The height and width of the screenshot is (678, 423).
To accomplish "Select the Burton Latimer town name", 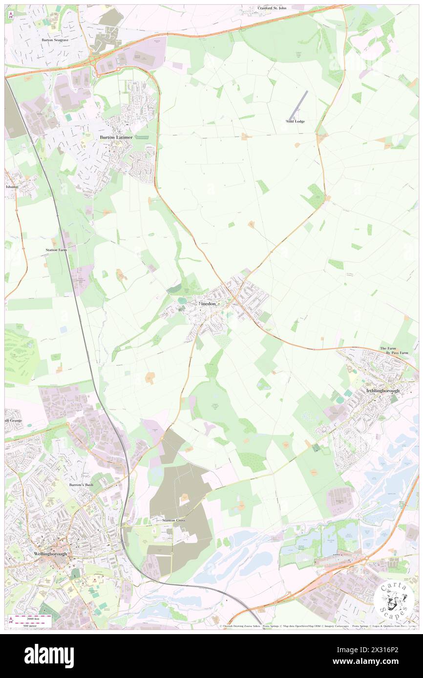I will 116,137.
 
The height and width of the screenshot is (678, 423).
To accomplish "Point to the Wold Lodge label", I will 295,121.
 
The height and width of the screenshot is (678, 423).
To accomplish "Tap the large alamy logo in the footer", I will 49,656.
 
